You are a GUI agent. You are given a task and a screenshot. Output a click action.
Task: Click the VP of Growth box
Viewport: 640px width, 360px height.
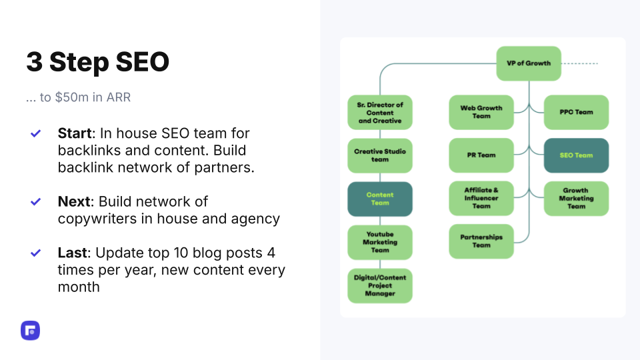(529, 63)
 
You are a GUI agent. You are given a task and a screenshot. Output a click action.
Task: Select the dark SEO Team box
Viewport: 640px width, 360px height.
(576, 155)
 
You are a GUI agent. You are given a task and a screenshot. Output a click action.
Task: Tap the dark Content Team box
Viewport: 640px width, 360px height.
(379, 199)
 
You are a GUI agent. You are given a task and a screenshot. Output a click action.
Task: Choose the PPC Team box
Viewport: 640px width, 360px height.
(576, 112)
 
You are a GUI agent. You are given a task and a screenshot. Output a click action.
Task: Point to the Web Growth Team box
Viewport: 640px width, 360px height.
(481, 112)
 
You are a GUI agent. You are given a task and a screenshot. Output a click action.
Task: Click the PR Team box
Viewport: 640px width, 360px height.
(481, 155)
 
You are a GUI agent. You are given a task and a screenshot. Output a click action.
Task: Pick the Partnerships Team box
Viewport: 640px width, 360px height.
(481, 241)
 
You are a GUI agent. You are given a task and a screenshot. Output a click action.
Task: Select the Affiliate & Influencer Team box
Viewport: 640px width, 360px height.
(481, 199)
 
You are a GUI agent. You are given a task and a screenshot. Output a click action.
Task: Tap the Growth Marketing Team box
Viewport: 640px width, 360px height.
(576, 199)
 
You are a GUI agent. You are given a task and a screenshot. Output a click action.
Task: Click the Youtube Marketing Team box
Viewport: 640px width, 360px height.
(379, 243)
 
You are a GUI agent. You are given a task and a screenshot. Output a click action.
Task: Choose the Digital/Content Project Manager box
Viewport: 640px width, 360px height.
(379, 286)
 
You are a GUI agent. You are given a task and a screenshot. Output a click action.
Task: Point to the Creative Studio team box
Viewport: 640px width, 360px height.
(379, 155)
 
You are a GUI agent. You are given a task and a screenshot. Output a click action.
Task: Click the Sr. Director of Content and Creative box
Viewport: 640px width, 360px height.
(379, 112)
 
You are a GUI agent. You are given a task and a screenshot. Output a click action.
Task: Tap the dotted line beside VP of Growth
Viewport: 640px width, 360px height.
(579, 64)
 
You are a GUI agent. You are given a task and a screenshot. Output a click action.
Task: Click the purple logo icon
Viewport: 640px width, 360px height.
(30, 331)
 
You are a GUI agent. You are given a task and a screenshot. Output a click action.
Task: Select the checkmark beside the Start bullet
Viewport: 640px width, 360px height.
(35, 133)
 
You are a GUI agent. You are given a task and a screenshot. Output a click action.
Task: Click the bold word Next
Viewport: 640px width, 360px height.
(73, 201)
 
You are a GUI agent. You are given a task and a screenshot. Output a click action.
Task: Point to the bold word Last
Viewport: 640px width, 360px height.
(72, 253)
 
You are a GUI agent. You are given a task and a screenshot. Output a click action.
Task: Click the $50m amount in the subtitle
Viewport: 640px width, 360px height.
(71, 97)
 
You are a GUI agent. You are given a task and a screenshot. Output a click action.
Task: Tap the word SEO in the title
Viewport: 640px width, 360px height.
(142, 62)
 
